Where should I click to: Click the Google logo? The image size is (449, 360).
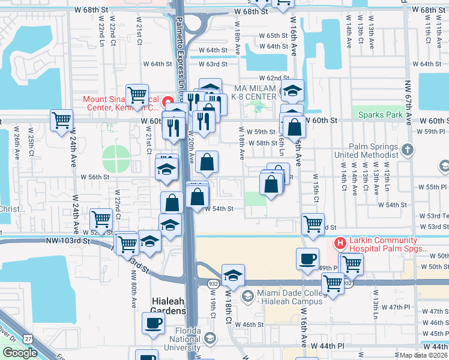point(20,353)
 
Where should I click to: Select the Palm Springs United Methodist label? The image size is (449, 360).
point(367,151)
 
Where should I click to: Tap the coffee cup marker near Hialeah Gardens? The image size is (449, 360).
point(153,323)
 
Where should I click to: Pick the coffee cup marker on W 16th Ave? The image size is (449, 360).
point(307,259)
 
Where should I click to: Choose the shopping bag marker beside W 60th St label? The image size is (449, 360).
point(294,127)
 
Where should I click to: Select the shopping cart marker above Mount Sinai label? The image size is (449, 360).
point(137,94)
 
